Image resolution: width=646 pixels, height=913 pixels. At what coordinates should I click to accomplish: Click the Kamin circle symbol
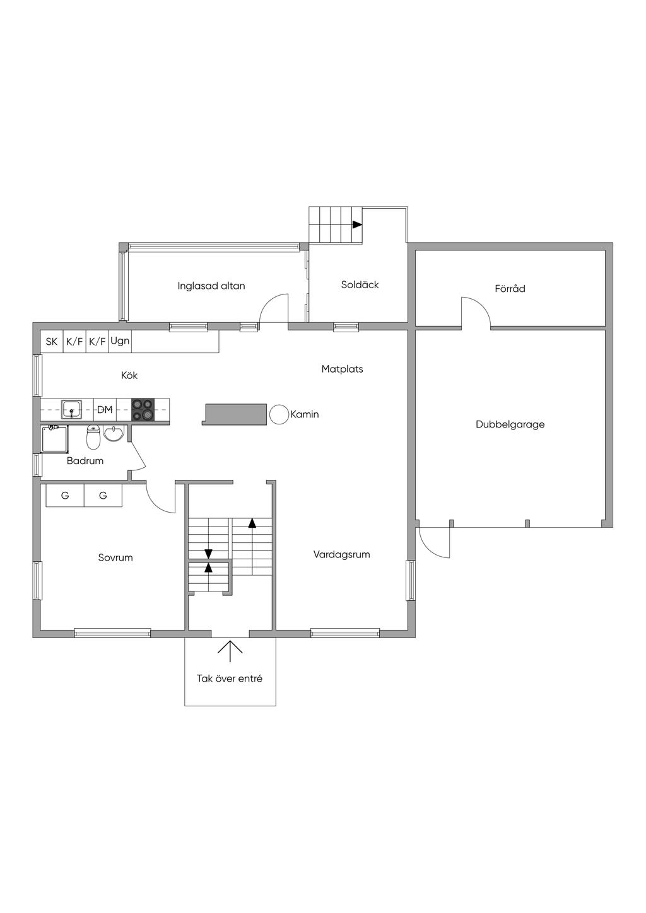click(x=279, y=414)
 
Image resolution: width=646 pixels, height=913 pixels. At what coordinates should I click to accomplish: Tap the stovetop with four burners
click(x=143, y=409)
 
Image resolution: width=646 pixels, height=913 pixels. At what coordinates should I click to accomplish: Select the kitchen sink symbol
click(x=71, y=409)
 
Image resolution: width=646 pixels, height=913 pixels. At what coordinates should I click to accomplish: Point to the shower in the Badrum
click(x=54, y=439)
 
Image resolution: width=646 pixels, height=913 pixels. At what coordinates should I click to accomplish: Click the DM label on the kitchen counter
click(x=105, y=409)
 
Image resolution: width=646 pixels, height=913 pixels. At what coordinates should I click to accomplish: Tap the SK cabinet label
click(x=51, y=342)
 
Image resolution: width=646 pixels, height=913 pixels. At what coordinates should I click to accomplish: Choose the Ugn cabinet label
click(x=120, y=341)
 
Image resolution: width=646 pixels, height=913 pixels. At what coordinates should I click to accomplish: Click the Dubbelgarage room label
click(x=510, y=425)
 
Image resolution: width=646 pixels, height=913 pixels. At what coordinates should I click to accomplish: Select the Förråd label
click(x=510, y=289)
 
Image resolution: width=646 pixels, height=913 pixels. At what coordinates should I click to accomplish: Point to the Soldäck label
click(x=360, y=284)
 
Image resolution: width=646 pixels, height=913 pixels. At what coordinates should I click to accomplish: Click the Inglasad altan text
click(x=211, y=286)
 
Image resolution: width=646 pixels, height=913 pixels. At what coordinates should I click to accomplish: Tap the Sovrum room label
click(x=115, y=557)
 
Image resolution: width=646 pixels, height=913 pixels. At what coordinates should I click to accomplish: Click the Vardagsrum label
click(x=342, y=555)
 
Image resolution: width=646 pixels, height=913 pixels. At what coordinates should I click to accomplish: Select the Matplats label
click(x=342, y=369)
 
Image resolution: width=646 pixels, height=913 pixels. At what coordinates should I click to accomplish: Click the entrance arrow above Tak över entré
click(x=230, y=652)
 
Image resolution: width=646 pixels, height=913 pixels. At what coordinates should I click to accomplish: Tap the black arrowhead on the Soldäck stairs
click(x=357, y=224)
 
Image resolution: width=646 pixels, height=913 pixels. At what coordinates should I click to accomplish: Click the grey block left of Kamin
click(x=234, y=414)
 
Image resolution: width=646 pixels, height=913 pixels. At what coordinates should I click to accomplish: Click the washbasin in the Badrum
click(x=114, y=433)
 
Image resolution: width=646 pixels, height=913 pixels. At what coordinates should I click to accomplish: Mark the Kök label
click(x=129, y=375)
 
